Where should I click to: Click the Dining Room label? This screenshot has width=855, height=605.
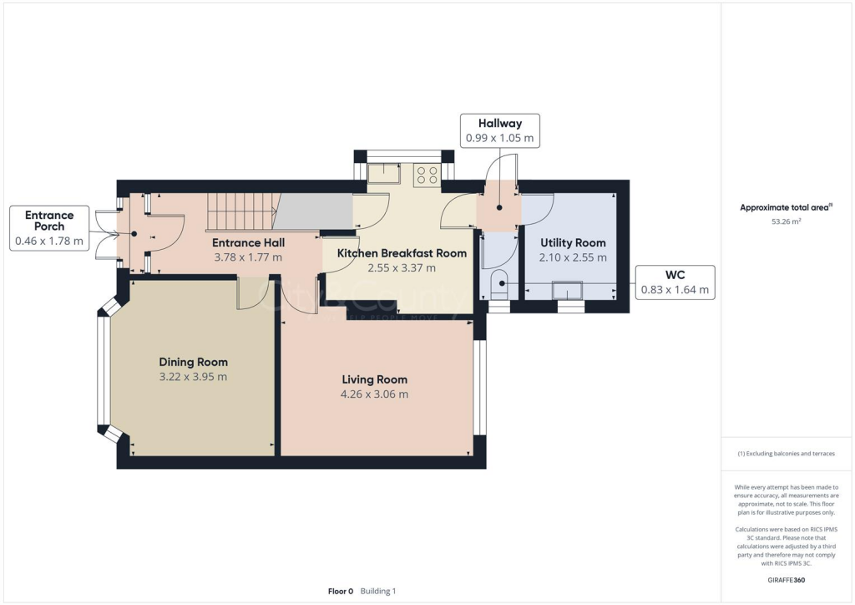(x=193, y=362)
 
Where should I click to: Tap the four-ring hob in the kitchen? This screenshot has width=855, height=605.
(x=427, y=175)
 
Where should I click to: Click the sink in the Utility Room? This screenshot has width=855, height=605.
(x=571, y=292)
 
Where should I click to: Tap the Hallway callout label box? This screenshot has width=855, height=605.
(x=499, y=130)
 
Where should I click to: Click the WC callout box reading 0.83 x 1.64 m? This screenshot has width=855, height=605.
(x=675, y=282)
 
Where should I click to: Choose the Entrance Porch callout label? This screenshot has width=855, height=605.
(x=49, y=228)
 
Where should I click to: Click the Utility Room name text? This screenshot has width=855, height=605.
(x=573, y=243)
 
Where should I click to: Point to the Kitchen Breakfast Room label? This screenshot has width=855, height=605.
(x=402, y=253)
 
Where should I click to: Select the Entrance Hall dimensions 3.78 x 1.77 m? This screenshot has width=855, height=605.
(x=249, y=257)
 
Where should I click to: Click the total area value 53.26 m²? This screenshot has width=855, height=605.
(x=786, y=222)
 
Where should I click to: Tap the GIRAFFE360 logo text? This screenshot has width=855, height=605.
(x=786, y=580)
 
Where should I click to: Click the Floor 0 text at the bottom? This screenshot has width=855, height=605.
(x=341, y=591)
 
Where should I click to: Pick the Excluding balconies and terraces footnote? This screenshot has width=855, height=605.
(x=786, y=454)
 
